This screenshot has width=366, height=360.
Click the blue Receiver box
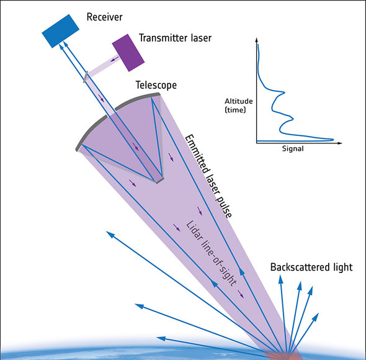point(60,31)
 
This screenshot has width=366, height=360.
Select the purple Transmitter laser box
point(128,53)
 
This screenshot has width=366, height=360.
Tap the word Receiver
point(104,17)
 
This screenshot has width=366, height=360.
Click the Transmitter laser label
point(175,38)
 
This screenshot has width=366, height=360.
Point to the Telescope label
point(156,85)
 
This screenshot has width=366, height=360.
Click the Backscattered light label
point(311,268)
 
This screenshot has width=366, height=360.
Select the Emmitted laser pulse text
point(208,176)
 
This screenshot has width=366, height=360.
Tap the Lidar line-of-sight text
point(212,253)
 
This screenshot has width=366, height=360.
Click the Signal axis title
point(293,148)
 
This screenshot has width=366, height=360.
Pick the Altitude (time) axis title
point(239,106)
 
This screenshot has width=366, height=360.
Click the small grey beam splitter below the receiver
point(86,77)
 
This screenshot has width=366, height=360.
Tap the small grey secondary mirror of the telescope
point(159,181)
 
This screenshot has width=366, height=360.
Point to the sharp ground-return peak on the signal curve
point(333,140)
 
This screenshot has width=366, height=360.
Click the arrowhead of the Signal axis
point(340,143)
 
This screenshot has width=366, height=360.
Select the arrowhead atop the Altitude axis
point(257,40)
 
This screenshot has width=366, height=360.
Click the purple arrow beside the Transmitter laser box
point(114,59)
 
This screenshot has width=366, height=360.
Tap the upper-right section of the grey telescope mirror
point(136,100)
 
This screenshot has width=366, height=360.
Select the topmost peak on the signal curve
point(283,92)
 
